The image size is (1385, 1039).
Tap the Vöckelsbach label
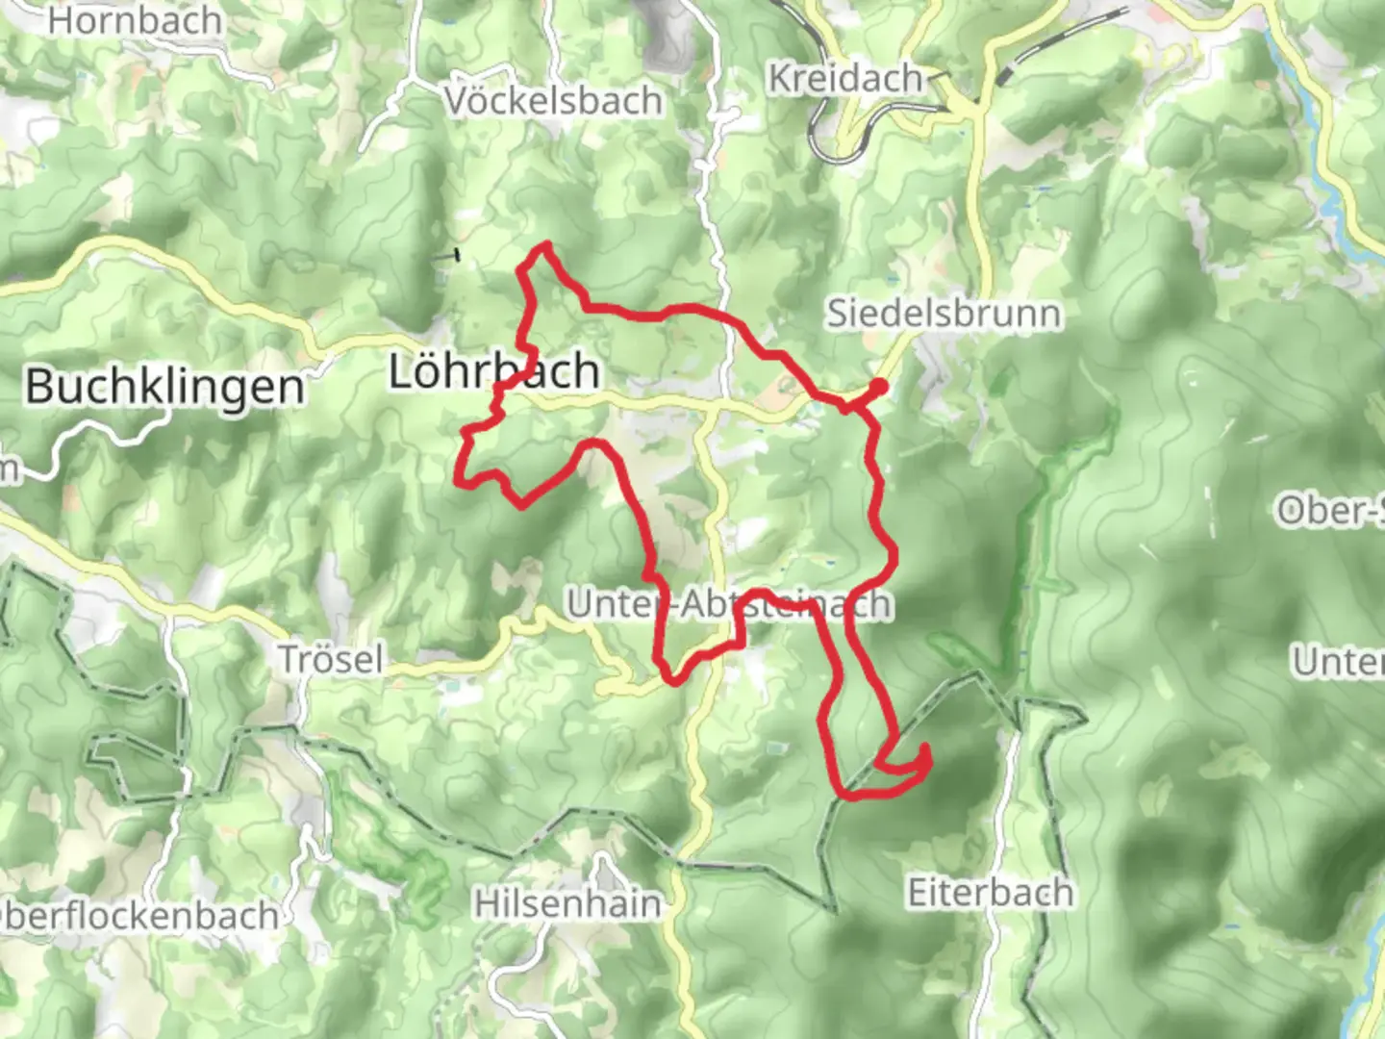coord(554,100)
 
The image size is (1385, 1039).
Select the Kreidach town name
coord(844,79)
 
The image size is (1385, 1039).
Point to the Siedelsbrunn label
coord(944,314)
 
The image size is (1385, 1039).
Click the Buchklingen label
coord(164,387)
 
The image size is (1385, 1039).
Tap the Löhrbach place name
coord(494,371)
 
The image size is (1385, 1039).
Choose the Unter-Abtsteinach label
coord(728,605)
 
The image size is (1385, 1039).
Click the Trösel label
coord(331,660)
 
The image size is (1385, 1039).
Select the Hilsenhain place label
coord(567,904)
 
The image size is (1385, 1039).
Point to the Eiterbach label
coord(990,893)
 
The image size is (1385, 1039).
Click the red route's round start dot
coord(877,387)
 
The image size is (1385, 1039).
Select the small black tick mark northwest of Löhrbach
coord(445,255)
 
